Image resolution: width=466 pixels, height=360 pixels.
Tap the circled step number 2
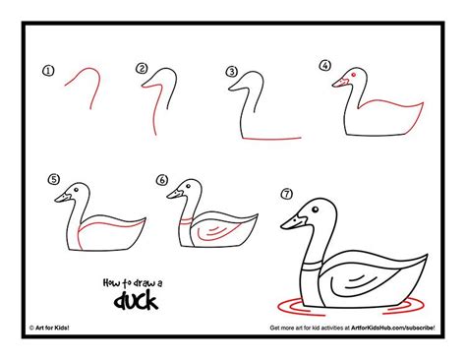(x=142, y=69)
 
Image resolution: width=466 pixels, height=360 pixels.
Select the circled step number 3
(x=232, y=72)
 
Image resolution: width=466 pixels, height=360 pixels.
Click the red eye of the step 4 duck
(x=351, y=76)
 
